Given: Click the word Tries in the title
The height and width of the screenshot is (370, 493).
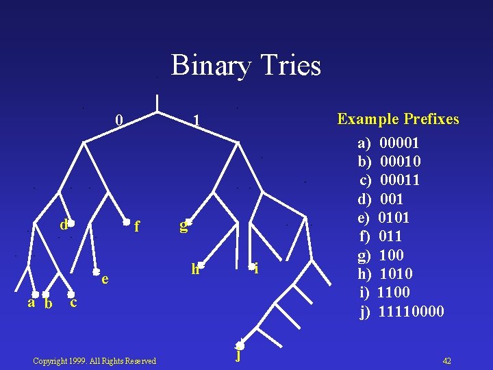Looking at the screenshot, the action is [291, 66].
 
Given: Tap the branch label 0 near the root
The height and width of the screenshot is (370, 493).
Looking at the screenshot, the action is [119, 120].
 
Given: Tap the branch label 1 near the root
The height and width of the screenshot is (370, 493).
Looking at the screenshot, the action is [197, 121].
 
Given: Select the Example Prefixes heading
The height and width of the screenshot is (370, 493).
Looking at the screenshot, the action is [398, 119].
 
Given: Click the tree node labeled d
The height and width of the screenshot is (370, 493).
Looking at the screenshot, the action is [71, 223].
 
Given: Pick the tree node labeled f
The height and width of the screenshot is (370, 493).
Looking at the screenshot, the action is [127, 222].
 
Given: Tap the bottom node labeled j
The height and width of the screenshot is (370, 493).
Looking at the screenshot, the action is [240, 345].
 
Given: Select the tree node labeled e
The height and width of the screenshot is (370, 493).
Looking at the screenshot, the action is [97, 272].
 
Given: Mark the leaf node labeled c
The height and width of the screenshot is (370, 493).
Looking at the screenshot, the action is [71, 295].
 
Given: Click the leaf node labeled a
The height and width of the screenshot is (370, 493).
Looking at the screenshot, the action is [36, 295].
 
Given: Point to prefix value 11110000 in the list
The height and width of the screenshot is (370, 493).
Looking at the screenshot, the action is [411, 312].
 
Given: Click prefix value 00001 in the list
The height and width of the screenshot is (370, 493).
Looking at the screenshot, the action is [399, 143].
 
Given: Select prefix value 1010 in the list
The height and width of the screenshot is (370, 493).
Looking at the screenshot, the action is [395, 274].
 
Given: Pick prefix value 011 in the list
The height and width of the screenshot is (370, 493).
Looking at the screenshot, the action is [390, 236].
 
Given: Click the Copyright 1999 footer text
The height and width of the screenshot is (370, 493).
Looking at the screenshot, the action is [94, 361].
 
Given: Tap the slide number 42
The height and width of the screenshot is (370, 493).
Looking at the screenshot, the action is [446, 360].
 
